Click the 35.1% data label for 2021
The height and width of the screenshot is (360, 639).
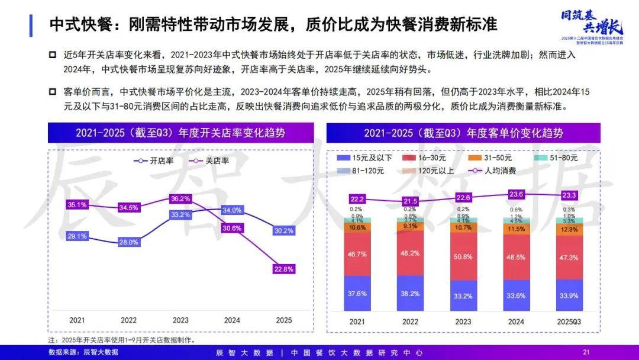[x=78, y=205]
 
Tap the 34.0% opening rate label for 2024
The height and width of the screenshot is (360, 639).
[x=232, y=210]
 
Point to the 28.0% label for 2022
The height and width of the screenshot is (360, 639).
[x=129, y=242]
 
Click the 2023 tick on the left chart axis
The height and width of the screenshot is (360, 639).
[x=180, y=320]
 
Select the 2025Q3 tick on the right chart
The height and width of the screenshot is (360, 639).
[x=569, y=320]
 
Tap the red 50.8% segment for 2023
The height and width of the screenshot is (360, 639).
[x=463, y=256]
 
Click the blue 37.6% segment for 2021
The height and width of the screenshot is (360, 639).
[x=356, y=293]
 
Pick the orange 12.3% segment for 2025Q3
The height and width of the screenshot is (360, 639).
[x=569, y=230]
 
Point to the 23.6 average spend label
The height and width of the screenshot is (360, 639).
[x=516, y=194]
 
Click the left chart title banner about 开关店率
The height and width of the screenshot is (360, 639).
[x=180, y=133]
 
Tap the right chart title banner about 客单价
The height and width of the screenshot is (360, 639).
[x=463, y=133]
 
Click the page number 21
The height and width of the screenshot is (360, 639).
[x=586, y=352]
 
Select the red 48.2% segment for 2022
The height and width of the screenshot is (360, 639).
[x=409, y=252]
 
